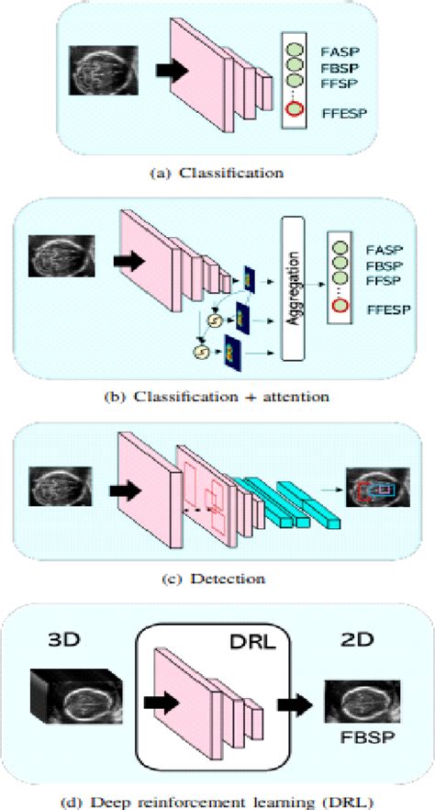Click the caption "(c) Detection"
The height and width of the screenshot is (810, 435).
tap(217, 579)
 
